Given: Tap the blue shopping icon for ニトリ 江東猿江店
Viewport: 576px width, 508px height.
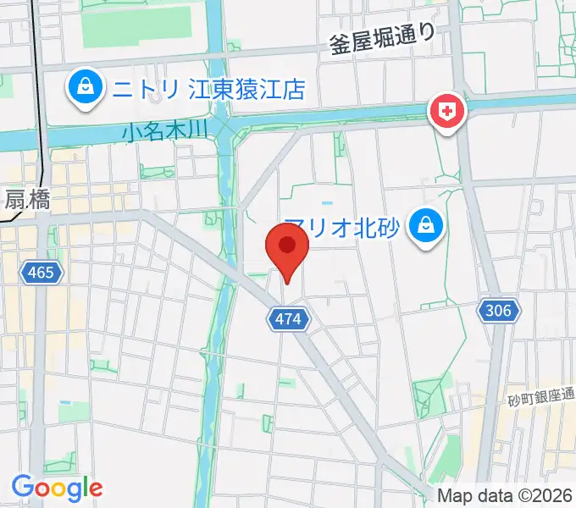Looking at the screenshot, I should [86, 86].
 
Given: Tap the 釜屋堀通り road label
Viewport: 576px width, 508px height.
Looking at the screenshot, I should [382, 39].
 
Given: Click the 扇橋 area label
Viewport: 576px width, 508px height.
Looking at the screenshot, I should [27, 200].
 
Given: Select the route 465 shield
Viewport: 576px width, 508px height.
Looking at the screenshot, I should [40, 273].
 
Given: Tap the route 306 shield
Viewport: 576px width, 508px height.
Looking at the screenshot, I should [498, 311].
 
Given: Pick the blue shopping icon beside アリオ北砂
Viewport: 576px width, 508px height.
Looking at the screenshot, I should [421, 226].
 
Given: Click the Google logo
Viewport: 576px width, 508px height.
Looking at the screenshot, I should [57, 488].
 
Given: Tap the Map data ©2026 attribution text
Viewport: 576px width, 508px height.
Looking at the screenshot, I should [504, 495].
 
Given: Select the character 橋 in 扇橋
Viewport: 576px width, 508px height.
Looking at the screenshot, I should [38, 200].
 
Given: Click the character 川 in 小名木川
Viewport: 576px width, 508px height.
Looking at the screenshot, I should [198, 131].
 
